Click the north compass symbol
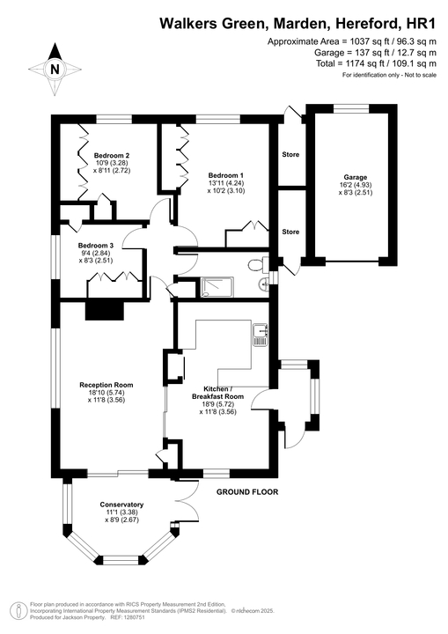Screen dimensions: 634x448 [x=55, y=68]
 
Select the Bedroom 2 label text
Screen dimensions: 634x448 [x=112, y=154]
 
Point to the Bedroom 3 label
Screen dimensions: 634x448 [x=95, y=245]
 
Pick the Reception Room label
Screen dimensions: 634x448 [x=106, y=384]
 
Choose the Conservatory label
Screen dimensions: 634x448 [x=121, y=505]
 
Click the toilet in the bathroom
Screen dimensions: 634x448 [x=255, y=264]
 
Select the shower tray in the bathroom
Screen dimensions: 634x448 [x=215, y=286]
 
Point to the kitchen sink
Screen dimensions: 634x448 [x=261, y=332]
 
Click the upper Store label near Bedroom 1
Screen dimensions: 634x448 [x=290, y=155]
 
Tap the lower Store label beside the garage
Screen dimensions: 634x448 [x=290, y=232]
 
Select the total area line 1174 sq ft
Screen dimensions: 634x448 [x=376, y=63]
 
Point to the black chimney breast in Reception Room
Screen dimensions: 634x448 [x=105, y=309]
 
